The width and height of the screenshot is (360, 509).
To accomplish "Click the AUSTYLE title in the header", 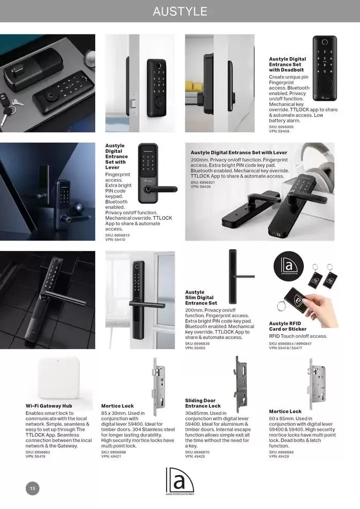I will [179, 11].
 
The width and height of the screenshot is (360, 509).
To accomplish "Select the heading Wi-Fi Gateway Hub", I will [49, 406].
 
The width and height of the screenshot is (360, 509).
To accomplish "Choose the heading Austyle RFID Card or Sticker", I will [287, 326].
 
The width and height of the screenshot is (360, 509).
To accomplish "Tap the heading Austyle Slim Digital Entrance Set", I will [201, 298].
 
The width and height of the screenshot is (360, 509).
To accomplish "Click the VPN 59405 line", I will [201, 187].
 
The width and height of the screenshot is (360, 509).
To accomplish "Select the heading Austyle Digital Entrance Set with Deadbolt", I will [287, 64].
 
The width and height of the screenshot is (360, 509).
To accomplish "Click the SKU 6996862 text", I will [39, 451].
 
